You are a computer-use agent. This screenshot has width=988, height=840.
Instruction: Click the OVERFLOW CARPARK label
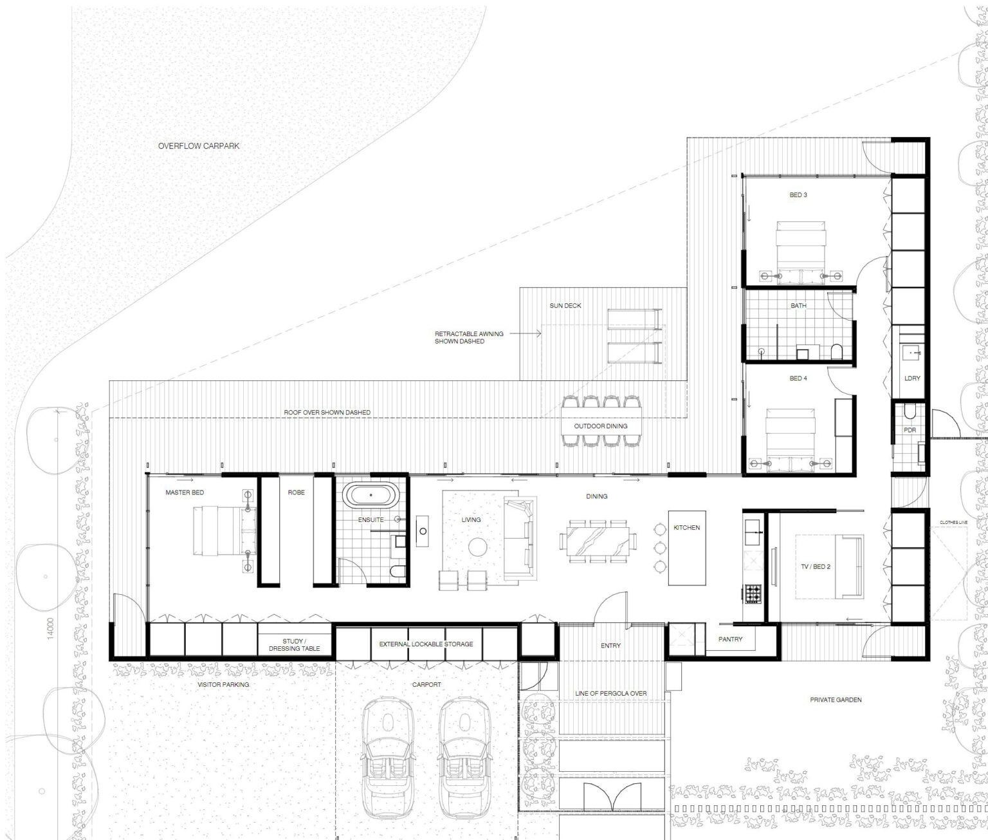pyautogui.click(x=198, y=146)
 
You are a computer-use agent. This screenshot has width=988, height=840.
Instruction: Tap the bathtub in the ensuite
pyautogui.click(x=371, y=495)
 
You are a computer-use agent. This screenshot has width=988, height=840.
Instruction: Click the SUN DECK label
pyautogui.click(x=565, y=305)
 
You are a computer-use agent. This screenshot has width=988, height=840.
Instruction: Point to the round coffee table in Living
pyautogui.click(x=477, y=546)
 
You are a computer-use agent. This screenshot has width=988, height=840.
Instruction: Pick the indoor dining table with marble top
pyautogui.click(x=598, y=541)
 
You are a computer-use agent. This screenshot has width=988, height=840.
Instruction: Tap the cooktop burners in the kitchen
pyautogui.click(x=753, y=593)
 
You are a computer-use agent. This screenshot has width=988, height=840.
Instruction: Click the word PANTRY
pyautogui.click(x=730, y=639)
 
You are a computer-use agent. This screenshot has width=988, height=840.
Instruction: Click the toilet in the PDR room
pyautogui.click(x=910, y=412)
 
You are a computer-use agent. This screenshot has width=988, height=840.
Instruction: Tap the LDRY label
pyautogui.click(x=912, y=378)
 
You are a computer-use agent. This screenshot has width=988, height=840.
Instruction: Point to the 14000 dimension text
pyautogui.click(x=51, y=628)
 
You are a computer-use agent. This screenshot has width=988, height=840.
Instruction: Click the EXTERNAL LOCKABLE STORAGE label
pyautogui.click(x=426, y=644)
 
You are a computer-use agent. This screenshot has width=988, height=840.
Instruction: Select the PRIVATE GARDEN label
pyautogui.click(x=836, y=700)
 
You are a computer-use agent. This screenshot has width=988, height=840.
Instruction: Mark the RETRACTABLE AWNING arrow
pyautogui.click(x=526, y=333)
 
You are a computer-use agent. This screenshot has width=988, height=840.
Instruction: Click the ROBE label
pyautogui.click(x=296, y=492)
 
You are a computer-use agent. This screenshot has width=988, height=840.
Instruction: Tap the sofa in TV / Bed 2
pyautogui.click(x=849, y=566)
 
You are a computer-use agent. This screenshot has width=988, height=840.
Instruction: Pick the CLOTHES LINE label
pyautogui.click(x=953, y=522)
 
